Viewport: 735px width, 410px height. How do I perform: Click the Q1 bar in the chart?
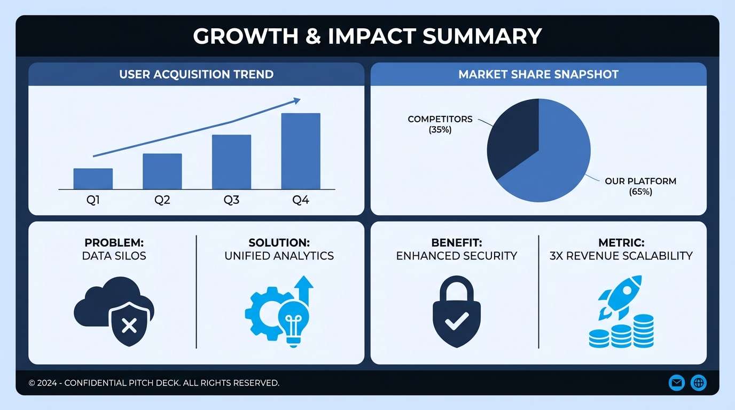click(x=93, y=179)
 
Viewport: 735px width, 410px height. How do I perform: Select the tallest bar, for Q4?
click(x=301, y=151)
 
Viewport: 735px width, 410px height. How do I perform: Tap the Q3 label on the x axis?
click(x=231, y=201)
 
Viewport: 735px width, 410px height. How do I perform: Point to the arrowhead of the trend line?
click(x=296, y=100)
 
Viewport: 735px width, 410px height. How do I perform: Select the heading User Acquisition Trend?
click(x=196, y=74)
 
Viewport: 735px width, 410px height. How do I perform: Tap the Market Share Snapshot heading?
click(x=538, y=74)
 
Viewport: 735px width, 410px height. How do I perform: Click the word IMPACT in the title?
click(x=372, y=36)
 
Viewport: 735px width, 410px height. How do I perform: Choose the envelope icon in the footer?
click(x=677, y=382)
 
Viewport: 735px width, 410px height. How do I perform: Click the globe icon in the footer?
click(x=699, y=382)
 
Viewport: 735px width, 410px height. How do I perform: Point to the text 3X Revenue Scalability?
click(x=621, y=256)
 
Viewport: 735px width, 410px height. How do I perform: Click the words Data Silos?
click(x=114, y=256)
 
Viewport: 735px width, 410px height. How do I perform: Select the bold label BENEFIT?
click(x=456, y=243)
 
